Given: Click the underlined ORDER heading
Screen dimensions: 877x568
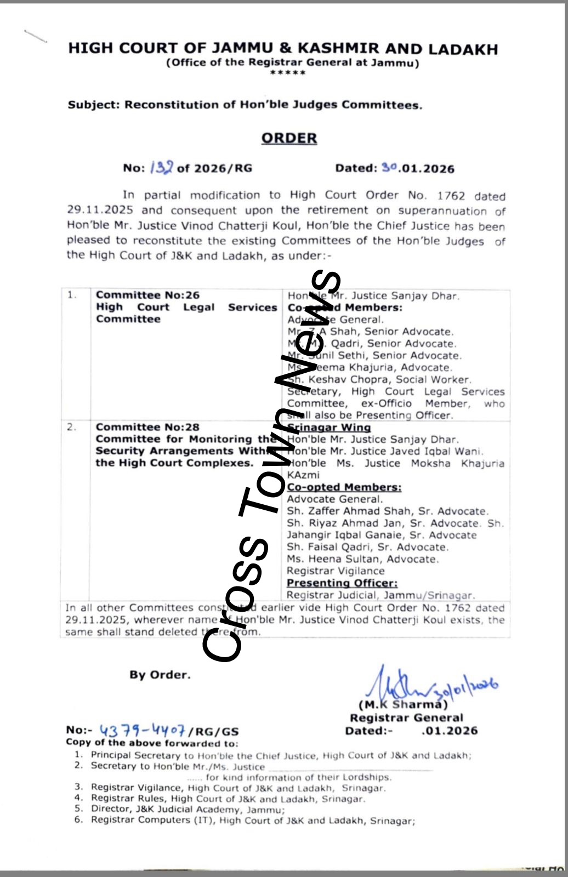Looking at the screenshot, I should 289,138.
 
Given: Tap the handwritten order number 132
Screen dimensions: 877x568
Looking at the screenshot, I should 162,168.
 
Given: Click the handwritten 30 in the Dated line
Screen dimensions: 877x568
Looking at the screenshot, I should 389,168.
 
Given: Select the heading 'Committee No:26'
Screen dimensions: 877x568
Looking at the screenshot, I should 147,295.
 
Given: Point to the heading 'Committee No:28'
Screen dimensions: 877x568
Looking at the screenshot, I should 147,427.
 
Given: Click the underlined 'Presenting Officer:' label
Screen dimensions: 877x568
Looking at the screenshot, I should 342,583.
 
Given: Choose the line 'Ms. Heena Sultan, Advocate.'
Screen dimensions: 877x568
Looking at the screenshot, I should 363,559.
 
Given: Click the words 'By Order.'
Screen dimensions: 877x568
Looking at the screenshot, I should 160,675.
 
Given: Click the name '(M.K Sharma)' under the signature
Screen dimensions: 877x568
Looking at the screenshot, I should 403,705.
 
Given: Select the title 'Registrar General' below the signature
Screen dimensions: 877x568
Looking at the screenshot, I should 406,717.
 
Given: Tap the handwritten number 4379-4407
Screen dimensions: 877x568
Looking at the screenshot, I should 142,730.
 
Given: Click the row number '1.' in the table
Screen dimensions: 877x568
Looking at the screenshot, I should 72,295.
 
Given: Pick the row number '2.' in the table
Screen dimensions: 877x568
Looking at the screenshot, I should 72,427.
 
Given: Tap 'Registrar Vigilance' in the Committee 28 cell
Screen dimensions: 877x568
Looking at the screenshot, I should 336,571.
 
